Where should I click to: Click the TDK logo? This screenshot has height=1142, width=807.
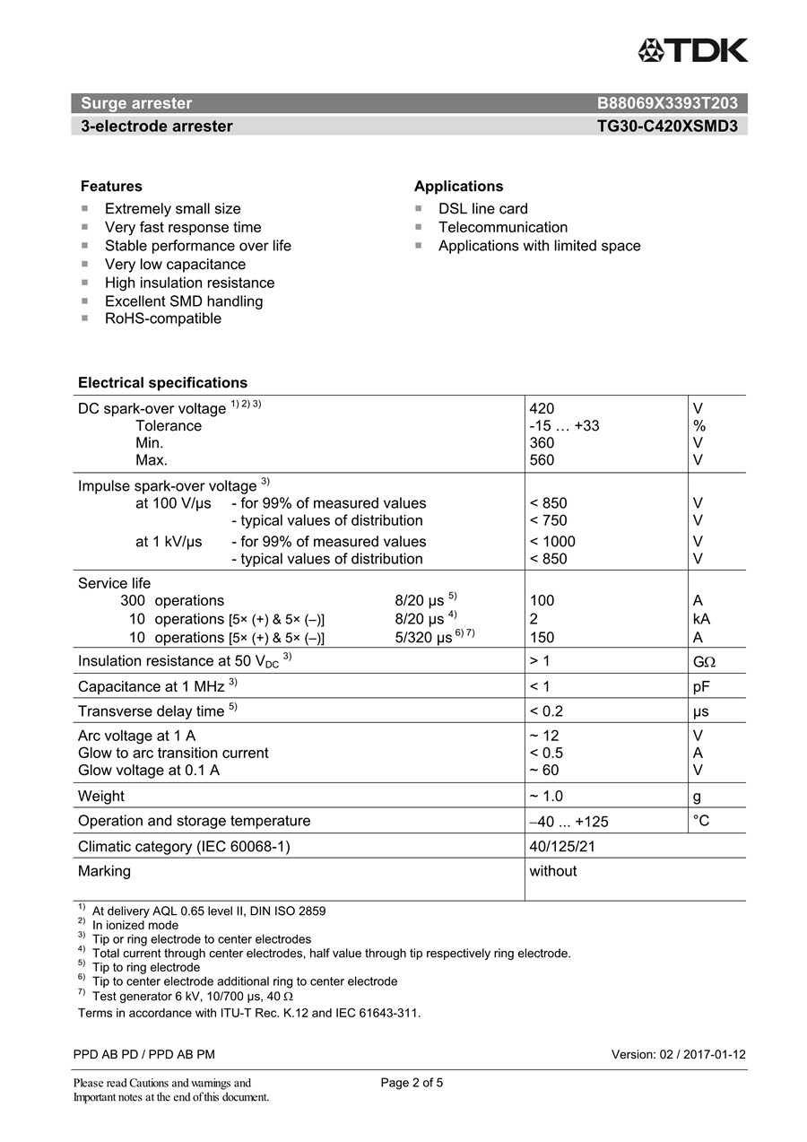tap(692, 51)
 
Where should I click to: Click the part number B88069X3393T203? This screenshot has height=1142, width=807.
tap(667, 103)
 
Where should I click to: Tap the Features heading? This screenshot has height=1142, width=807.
tap(111, 187)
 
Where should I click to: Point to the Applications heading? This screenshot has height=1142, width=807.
tap(458, 187)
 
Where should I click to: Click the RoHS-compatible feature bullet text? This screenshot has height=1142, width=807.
tap(162, 318)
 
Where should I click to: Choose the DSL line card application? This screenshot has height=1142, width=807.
tap(482, 209)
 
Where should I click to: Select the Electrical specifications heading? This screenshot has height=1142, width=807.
tap(162, 383)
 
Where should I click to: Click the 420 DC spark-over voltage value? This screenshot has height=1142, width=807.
tap(542, 409)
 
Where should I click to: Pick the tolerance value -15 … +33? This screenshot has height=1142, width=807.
tap(564, 426)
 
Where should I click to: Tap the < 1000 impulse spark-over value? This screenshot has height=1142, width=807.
tap(552, 542)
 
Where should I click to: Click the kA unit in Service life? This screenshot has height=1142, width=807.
tap(701, 619)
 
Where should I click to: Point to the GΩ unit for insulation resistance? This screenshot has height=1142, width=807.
tap(704, 662)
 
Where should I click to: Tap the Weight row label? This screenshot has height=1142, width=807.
tap(101, 797)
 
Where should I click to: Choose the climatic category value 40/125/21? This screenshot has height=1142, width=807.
tap(561, 847)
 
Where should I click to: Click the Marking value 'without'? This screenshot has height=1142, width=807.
tap(552, 871)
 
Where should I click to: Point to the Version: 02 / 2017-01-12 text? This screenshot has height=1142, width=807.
tap(678, 1055)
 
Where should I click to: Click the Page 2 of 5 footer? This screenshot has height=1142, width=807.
tap(412, 1083)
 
